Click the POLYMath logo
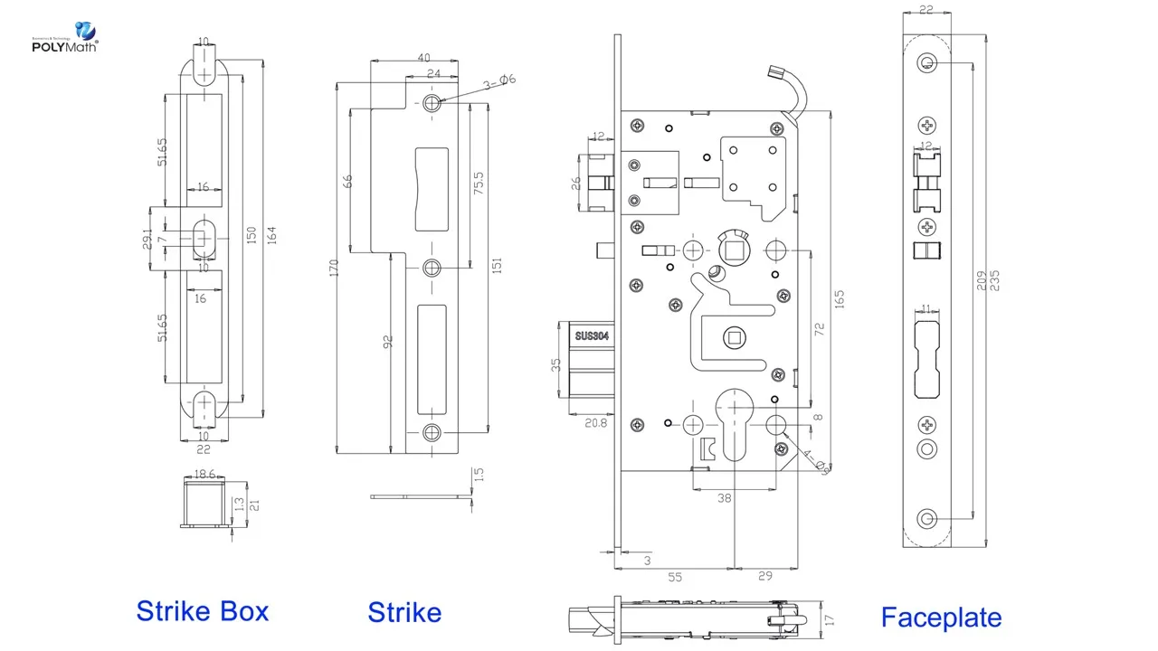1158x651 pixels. point(64,37)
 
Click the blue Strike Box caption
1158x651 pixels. point(203,611)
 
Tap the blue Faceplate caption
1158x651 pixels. point(941,618)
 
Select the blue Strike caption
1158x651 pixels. point(404,612)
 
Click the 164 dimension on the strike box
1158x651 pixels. point(271,234)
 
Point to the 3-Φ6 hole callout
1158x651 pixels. point(499,81)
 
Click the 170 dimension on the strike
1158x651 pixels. point(334,268)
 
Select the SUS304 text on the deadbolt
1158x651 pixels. point(593,336)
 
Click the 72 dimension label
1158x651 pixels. point(821,330)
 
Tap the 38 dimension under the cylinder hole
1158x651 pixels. point(725,498)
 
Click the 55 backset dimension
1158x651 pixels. point(674,577)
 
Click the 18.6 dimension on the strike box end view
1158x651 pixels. point(204,474)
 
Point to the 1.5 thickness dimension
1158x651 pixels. point(479,474)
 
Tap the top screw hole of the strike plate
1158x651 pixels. point(432,103)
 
